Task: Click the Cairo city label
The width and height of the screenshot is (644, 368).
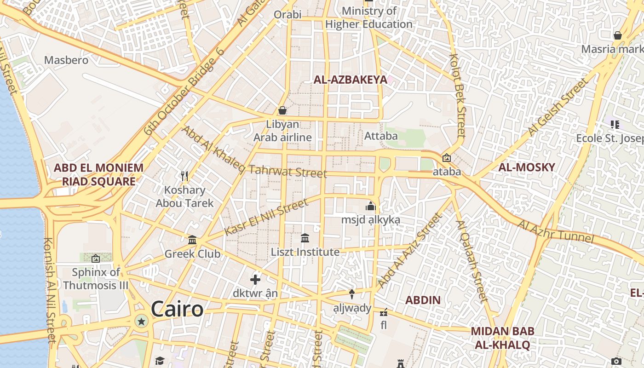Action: point(177,309)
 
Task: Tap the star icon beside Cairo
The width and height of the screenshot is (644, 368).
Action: point(141,321)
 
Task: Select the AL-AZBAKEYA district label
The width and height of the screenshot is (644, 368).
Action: point(351,80)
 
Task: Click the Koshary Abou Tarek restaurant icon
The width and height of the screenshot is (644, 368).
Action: point(184,176)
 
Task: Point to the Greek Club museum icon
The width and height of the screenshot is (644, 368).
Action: point(192,240)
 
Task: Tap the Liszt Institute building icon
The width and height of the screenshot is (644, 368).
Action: point(305,238)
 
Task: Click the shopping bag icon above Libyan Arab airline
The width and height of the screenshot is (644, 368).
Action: point(282,110)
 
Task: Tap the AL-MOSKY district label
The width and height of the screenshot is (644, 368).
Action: point(527,167)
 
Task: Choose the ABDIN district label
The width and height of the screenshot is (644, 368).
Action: point(423,300)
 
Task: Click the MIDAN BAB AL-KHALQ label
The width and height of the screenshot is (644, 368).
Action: point(502,338)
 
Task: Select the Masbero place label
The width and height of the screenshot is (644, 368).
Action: point(66,60)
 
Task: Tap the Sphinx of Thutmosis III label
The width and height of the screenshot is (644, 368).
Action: point(96,279)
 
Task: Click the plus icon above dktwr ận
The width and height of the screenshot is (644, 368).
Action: point(255,279)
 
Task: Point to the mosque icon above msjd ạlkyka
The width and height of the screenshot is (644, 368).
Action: point(371,206)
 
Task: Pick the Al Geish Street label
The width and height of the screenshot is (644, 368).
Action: point(558,107)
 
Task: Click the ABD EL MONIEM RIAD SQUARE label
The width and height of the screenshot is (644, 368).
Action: point(98,174)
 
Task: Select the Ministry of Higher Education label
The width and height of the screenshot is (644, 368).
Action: point(369,17)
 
